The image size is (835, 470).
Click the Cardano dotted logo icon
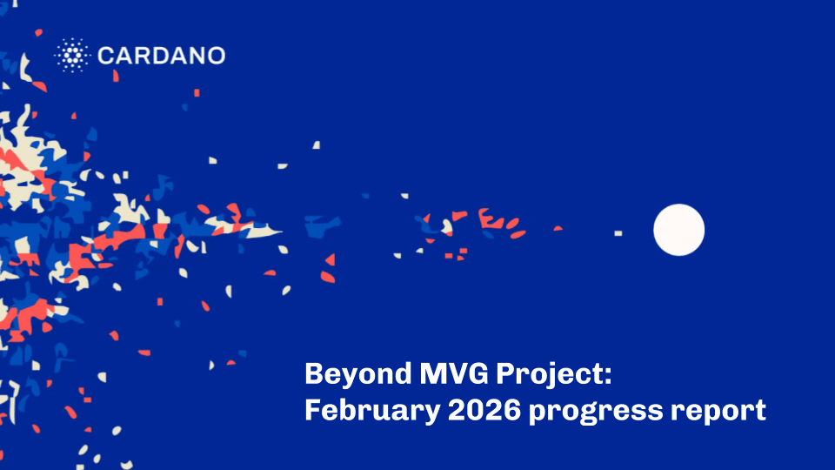[72, 56]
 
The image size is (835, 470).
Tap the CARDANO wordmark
[161, 57]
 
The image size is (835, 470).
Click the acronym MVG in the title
[450, 374]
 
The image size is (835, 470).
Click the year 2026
[476, 410]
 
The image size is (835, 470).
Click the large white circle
[678, 230]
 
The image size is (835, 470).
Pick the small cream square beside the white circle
[618, 233]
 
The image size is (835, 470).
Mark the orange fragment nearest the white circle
[558, 228]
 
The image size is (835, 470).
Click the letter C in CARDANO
[105, 57]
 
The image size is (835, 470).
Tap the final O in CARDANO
[216, 57]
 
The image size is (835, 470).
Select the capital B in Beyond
[314, 374]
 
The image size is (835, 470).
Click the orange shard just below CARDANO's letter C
[115, 77]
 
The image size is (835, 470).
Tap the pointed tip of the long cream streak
[281, 231]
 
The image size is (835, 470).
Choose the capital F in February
[312, 409]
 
